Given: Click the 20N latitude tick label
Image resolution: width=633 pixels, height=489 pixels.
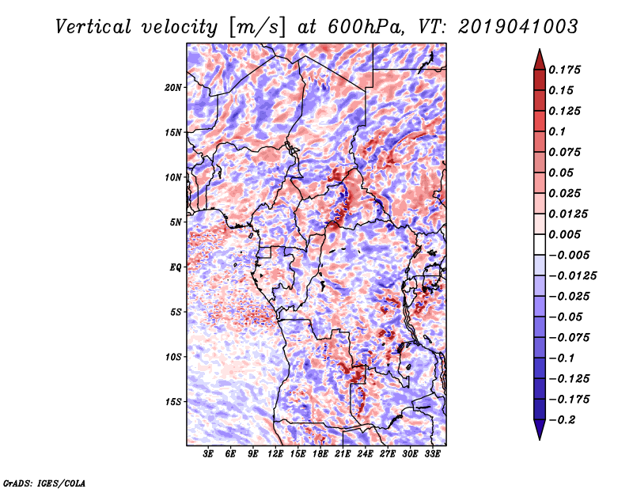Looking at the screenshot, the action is pos(173,88).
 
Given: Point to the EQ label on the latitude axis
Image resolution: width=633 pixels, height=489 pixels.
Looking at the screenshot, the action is pos(176,267).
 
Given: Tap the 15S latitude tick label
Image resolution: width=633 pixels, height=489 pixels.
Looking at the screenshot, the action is pos(173,402).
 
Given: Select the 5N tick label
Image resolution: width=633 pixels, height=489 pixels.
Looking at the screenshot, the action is pos(176,222).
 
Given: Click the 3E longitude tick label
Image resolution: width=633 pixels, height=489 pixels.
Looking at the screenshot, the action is pos(208,453).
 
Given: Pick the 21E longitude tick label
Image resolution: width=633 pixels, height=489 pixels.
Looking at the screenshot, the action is pos(343,453).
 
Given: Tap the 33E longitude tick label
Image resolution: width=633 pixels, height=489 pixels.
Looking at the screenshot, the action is pos(432,453).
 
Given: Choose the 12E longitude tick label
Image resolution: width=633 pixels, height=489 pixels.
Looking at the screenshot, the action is pos(275,453).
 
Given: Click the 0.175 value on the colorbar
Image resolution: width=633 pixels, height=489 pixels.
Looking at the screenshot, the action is pos(564,70).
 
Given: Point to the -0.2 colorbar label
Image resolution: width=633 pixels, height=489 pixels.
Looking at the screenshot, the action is pos(561,420).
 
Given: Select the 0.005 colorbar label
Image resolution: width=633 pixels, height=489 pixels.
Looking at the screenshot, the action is pos(564,234).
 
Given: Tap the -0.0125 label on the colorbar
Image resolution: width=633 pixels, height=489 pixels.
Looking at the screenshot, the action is pos(572,276).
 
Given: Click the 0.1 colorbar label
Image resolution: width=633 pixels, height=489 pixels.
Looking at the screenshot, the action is pos(557,131).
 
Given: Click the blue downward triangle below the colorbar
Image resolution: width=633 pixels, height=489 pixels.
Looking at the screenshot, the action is pos(540,430).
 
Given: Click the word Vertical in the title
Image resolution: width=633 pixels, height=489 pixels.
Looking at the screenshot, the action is pos(93,27).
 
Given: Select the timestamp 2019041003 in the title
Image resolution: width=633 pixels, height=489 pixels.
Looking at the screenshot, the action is pos(518,27).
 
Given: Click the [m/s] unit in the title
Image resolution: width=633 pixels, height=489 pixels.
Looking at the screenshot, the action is pos(257,28).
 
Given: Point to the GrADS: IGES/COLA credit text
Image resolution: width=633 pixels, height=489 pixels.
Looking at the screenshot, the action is pos(44,483).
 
